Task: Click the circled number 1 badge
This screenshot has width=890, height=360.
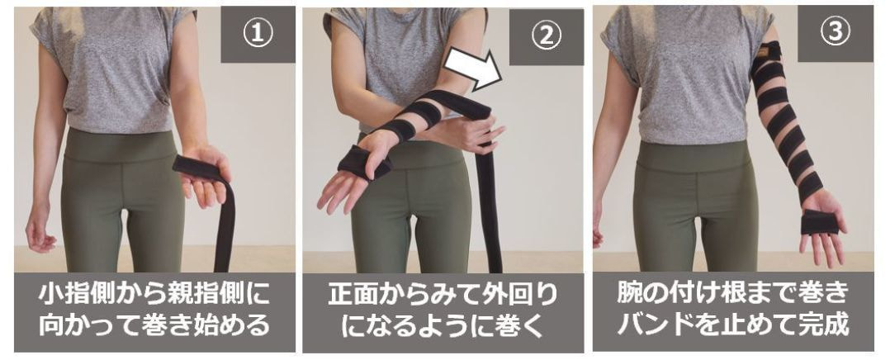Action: tap(258, 34)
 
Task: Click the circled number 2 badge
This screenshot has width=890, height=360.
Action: tap(546, 36)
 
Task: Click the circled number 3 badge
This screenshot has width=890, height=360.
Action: tap(835, 34)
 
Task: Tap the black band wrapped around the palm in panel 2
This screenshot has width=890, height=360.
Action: tap(365, 162)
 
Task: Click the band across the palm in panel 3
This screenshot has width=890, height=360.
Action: tap(820, 222)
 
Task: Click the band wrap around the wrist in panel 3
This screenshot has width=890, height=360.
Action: tap(810, 187)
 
